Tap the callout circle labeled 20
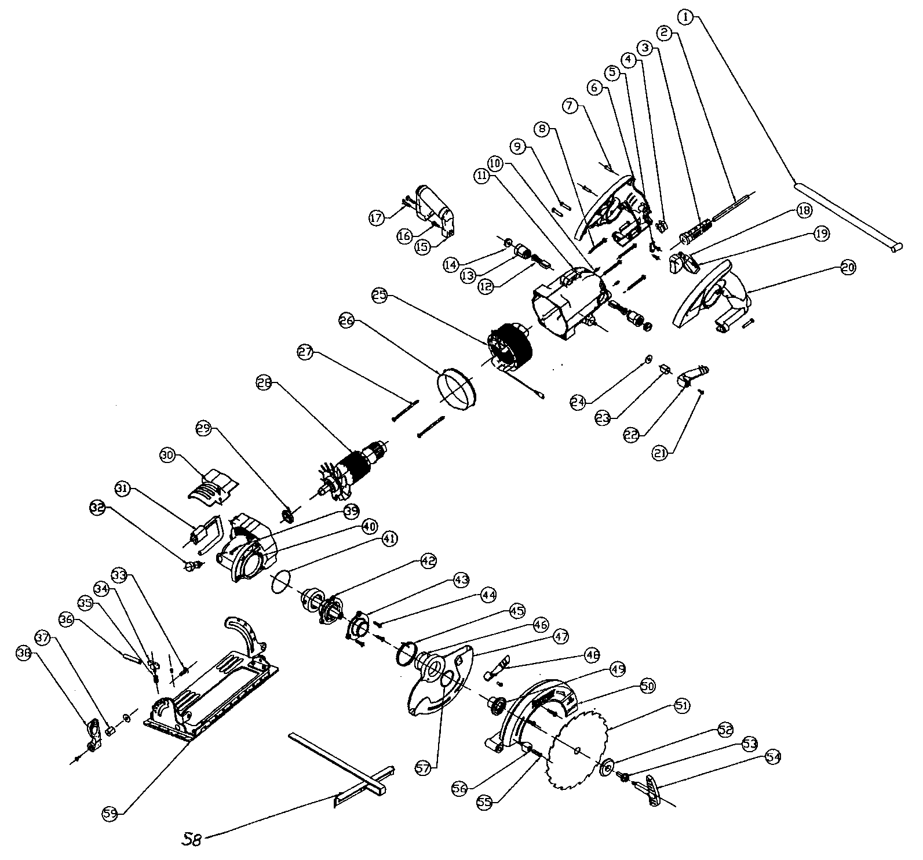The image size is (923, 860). (848, 268)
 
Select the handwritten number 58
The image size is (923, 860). (191, 839)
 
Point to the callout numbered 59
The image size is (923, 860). (110, 813)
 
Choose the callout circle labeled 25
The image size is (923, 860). (380, 295)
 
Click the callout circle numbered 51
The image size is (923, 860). (681, 705)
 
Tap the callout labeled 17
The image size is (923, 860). (377, 218)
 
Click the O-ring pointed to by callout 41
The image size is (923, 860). (280, 581)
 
